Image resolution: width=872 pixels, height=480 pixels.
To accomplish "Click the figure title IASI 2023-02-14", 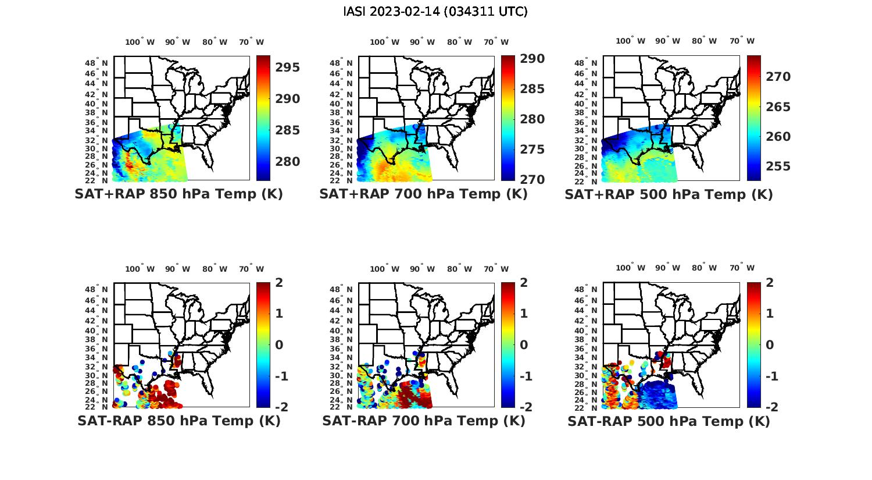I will tap(435, 12).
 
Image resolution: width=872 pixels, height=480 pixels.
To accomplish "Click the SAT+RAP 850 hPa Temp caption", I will tap(178, 194).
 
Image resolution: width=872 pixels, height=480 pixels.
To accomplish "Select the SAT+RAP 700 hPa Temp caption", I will tap(423, 194).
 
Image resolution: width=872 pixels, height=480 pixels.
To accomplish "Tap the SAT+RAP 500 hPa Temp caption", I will tap(669, 194).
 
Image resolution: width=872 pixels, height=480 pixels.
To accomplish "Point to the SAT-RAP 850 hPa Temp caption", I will tap(178, 421).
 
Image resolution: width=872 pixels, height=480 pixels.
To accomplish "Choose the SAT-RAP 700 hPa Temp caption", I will tap(423, 421).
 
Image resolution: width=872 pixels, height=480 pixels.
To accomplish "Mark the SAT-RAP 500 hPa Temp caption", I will tap(669, 421).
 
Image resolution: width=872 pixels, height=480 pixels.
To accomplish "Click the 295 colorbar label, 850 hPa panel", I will tap(288, 67).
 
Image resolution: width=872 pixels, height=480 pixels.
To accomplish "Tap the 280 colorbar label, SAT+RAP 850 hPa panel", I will tap(288, 162).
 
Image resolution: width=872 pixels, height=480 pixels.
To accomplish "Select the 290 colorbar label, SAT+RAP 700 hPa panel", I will tap(533, 59).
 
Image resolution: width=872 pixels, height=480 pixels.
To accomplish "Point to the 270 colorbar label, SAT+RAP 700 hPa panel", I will tap(533, 180).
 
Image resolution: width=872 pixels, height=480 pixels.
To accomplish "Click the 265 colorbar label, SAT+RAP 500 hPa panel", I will tap(778, 107).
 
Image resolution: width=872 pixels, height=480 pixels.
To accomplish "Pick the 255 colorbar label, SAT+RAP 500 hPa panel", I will tap(778, 167).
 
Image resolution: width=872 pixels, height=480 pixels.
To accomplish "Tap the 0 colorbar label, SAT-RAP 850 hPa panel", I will tap(279, 345).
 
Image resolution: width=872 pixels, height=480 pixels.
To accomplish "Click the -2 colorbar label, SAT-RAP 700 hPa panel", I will tap(521, 407).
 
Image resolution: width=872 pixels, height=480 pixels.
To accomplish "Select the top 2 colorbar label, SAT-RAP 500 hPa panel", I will tap(770, 283).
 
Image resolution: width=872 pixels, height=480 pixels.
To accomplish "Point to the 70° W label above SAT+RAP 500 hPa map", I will tap(742, 41).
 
